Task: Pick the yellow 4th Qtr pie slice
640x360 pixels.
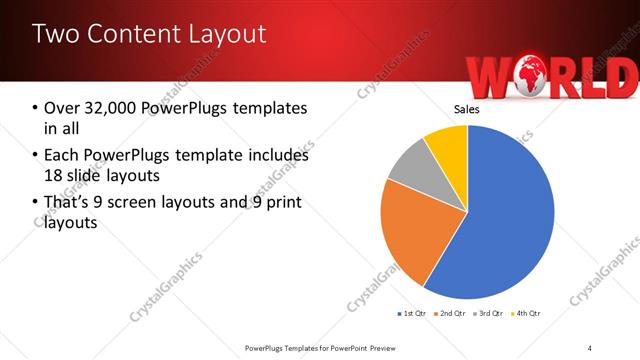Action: pyautogui.click(x=448, y=146)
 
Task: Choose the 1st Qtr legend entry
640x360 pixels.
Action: pyautogui.click(x=412, y=314)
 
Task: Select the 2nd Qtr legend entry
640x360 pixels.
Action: pyautogui.click(x=451, y=314)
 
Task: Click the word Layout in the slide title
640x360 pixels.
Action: pyautogui.click(x=221, y=34)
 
